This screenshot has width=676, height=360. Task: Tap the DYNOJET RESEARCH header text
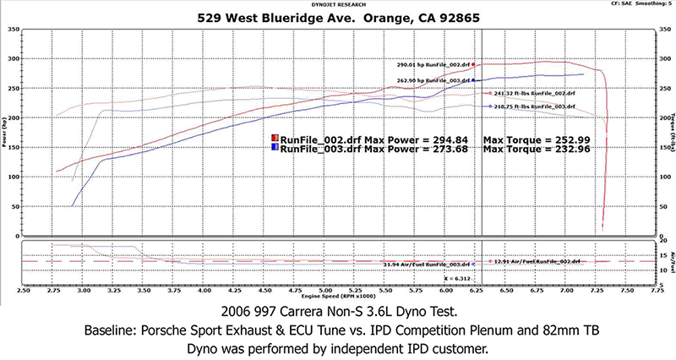pos(340,4)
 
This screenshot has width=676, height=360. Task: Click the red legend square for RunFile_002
pos(275,137)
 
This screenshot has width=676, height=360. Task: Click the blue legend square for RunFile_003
pos(275,147)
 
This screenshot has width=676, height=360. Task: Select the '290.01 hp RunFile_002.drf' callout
pos(433,64)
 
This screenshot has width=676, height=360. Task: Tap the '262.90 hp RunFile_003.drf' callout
pos(433,80)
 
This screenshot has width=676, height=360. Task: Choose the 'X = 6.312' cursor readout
pos(461,277)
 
